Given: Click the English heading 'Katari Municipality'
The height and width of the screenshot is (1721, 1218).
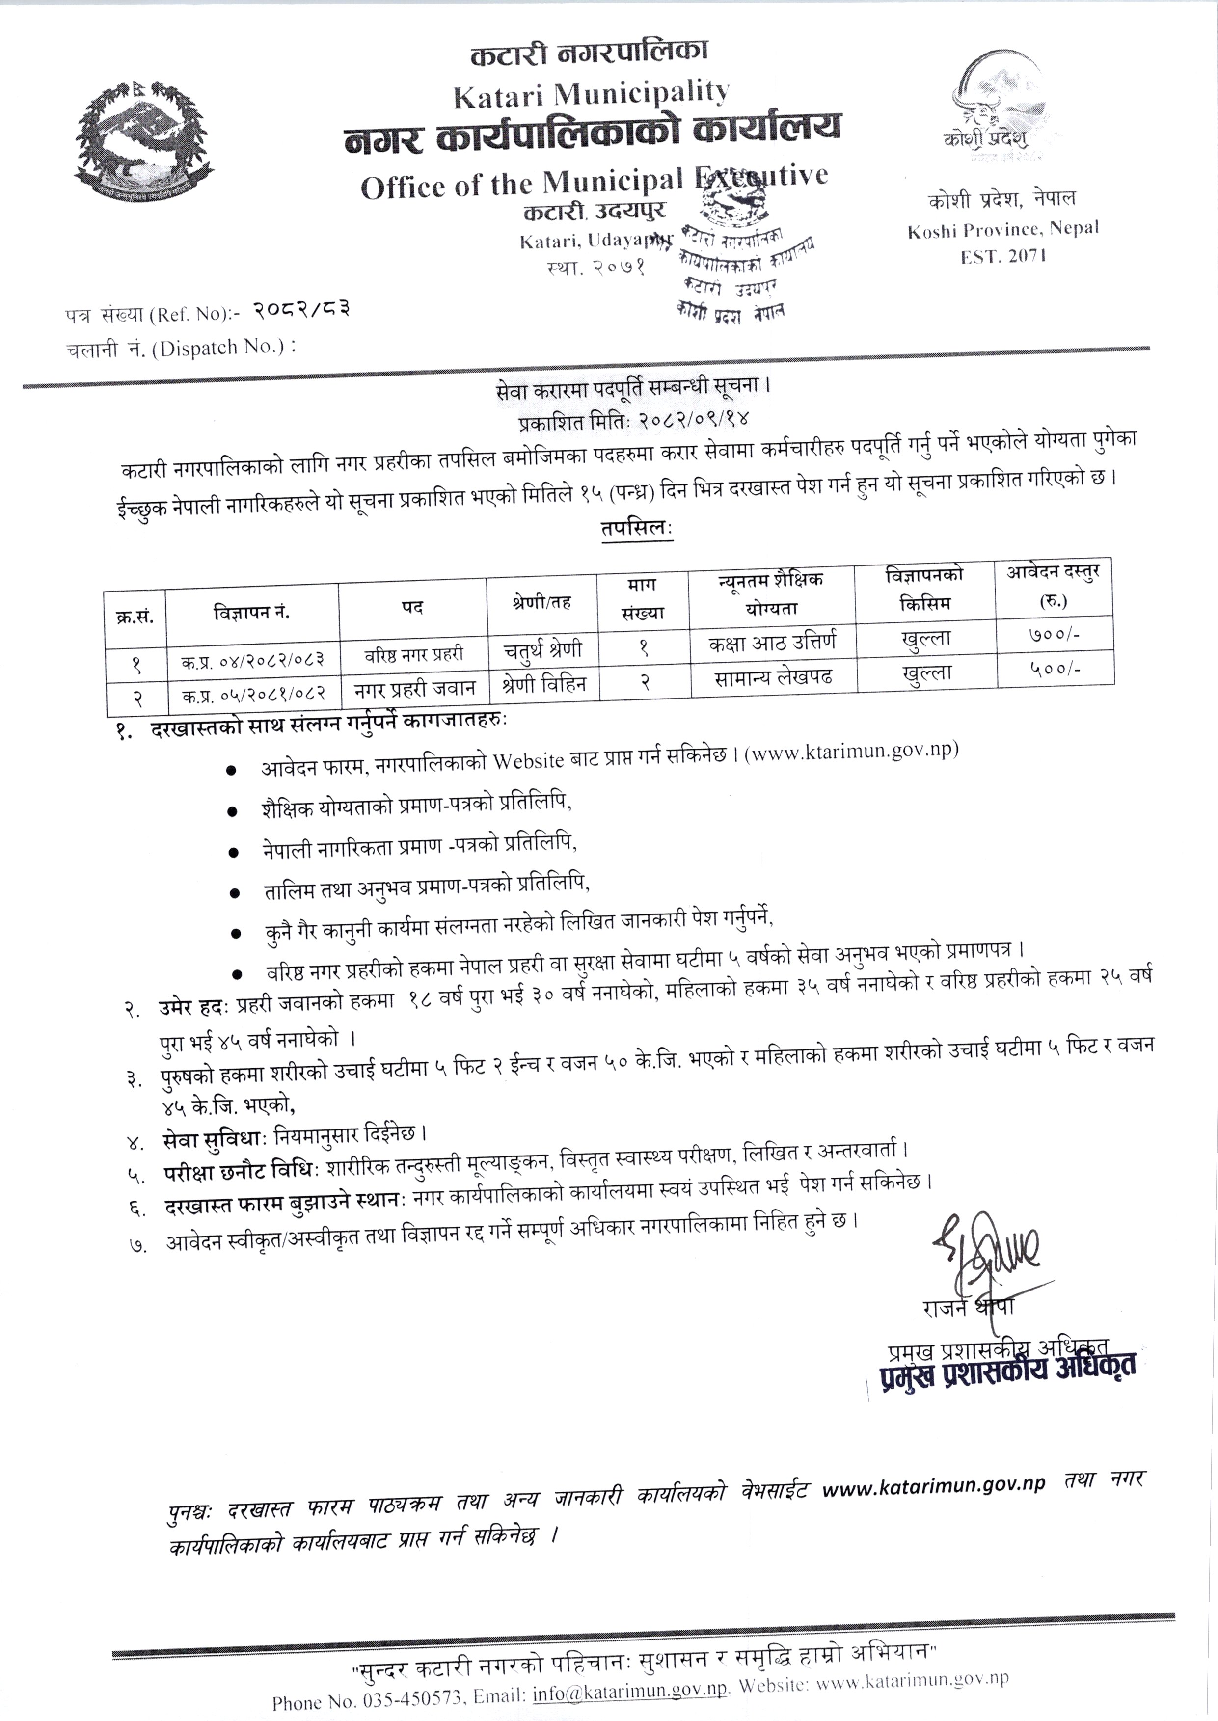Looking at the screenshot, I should [591, 93].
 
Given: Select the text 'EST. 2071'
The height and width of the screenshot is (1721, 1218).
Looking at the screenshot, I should [1003, 256].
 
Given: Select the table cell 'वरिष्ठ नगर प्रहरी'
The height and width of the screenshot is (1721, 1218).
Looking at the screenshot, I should [414, 653].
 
